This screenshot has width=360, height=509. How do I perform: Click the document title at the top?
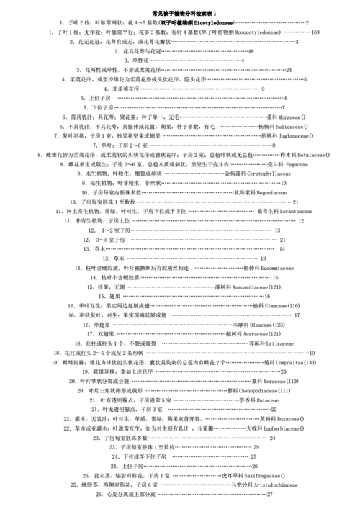pos(184,14)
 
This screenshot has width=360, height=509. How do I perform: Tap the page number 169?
pos(316,32)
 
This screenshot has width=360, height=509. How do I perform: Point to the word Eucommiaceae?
pos(274,268)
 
